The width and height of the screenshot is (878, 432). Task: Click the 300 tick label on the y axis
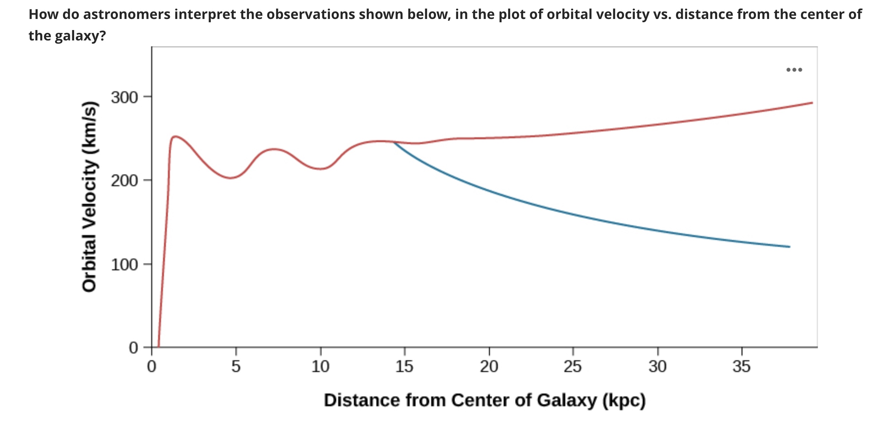pyautogui.click(x=124, y=97)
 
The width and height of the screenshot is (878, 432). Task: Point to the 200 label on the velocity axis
pyautogui.click(x=124, y=181)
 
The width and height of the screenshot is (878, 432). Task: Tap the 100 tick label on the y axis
pyautogui.click(x=124, y=265)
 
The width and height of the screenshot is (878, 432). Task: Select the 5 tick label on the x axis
pyautogui.click(x=236, y=367)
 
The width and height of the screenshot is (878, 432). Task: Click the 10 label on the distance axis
pyautogui.click(x=320, y=367)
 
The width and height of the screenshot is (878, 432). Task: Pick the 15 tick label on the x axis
pyautogui.click(x=404, y=367)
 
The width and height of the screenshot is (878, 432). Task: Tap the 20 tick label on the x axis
pyautogui.click(x=489, y=367)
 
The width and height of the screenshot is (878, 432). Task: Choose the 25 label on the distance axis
pyautogui.click(x=572, y=367)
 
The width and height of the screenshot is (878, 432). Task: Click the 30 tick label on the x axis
pyautogui.click(x=657, y=367)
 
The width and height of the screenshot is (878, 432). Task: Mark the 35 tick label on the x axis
pyautogui.click(x=741, y=367)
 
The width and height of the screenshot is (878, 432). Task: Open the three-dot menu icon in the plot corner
pyautogui.click(x=794, y=70)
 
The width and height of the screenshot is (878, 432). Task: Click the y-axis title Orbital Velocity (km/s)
pyautogui.click(x=89, y=197)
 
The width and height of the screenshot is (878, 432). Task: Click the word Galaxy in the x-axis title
pyautogui.click(x=567, y=401)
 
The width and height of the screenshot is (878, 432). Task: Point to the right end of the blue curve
pyautogui.click(x=789, y=247)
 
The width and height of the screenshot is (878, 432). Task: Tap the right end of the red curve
pyautogui.click(x=812, y=103)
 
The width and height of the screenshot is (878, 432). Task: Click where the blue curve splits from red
pyautogui.click(x=393, y=142)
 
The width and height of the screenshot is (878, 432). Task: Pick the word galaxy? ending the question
pyautogui.click(x=80, y=36)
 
